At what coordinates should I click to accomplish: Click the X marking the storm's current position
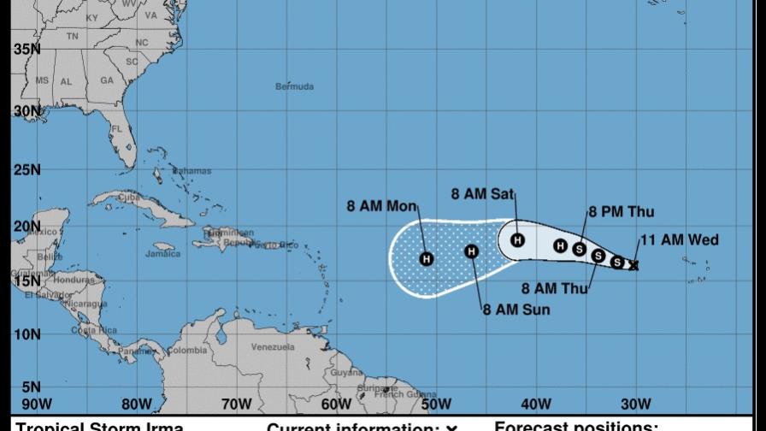(x=633, y=266)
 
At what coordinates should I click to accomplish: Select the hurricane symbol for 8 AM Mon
(x=426, y=258)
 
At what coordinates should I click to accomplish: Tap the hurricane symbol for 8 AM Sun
(x=471, y=251)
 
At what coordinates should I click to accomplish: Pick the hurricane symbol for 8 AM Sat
(x=517, y=240)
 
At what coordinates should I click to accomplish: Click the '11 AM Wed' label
(x=679, y=240)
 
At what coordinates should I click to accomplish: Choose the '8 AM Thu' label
(x=554, y=288)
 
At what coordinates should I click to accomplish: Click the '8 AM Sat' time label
(x=482, y=195)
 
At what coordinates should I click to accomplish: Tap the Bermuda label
(x=294, y=86)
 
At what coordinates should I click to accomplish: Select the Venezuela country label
(x=273, y=347)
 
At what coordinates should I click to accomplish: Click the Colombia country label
(x=186, y=350)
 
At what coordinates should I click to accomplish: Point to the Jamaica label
(x=162, y=254)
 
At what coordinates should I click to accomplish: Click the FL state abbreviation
(x=118, y=129)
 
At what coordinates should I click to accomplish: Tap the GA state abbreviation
(x=106, y=81)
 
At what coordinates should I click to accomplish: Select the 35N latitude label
(x=27, y=50)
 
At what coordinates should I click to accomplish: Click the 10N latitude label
(x=27, y=334)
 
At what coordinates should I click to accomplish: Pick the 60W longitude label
(x=336, y=404)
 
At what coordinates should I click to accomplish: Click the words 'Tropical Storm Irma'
(x=99, y=426)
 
